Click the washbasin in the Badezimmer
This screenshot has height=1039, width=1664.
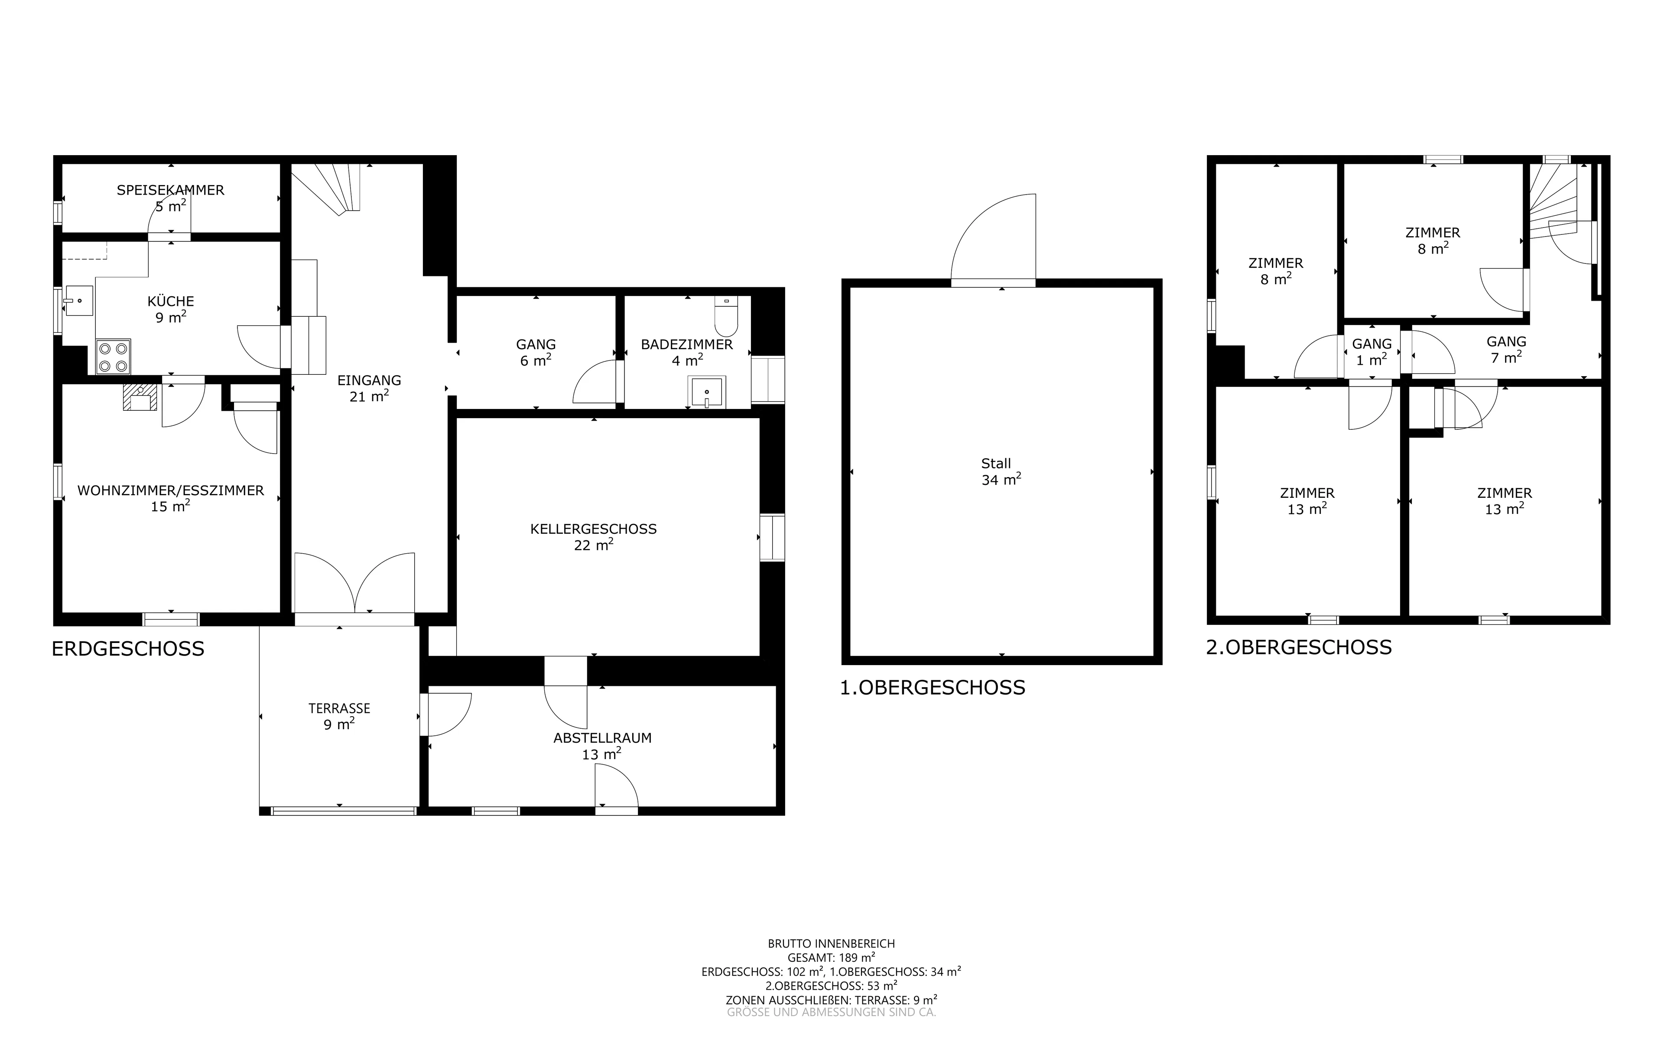706,393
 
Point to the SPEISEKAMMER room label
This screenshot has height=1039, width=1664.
170,190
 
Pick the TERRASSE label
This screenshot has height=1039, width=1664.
339,708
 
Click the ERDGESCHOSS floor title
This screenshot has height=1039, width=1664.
128,649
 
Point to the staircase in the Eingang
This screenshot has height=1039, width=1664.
326,189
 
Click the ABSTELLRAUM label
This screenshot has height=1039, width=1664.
602,738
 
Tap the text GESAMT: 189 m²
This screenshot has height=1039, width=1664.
831,957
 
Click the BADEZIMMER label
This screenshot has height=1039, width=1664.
687,344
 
